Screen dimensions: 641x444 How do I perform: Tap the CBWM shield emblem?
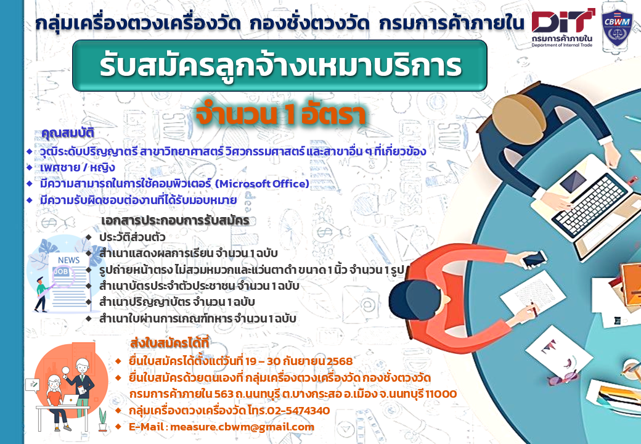(617, 30)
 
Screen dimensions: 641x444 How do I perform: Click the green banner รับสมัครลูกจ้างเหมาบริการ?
(280, 65)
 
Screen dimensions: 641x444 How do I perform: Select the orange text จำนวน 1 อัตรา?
(280, 115)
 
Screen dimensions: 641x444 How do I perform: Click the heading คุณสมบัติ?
(68, 133)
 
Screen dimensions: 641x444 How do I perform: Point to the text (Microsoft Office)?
(262, 184)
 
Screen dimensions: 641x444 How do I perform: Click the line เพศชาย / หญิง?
(77, 168)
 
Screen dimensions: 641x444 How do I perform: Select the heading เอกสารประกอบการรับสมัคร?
(175, 220)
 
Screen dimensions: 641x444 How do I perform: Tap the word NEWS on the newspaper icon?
(68, 260)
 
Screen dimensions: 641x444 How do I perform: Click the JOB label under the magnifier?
(61, 271)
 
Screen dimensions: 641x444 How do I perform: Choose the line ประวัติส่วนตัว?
(132, 237)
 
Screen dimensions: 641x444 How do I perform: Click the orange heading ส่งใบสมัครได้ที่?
(169, 343)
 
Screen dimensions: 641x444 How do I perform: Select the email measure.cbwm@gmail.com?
(242, 427)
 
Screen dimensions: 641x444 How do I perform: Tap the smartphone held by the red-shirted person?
(534, 259)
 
